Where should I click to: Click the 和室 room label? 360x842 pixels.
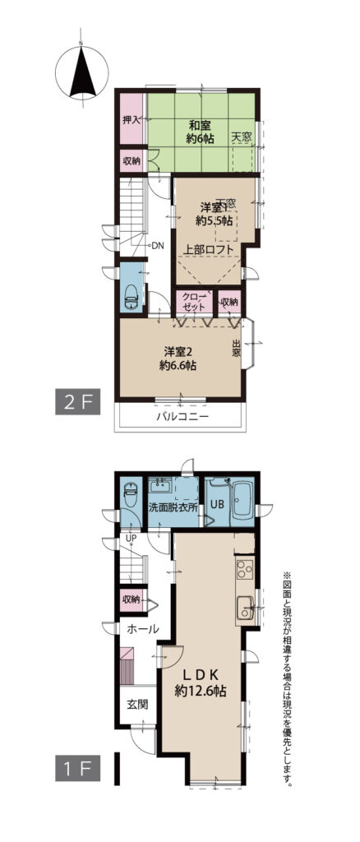click(x=201, y=126)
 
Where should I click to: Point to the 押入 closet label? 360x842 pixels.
click(x=132, y=119)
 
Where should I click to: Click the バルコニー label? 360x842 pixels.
click(x=182, y=416)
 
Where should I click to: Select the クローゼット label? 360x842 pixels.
click(x=193, y=303)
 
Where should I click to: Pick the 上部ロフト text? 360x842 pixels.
click(x=210, y=249)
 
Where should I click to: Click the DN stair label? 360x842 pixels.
click(x=159, y=247)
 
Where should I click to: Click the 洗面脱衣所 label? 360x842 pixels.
click(x=173, y=506)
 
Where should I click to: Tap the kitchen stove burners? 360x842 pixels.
click(x=245, y=569)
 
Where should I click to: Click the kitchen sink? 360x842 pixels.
click(x=245, y=607)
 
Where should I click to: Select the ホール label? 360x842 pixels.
click(x=142, y=629)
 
